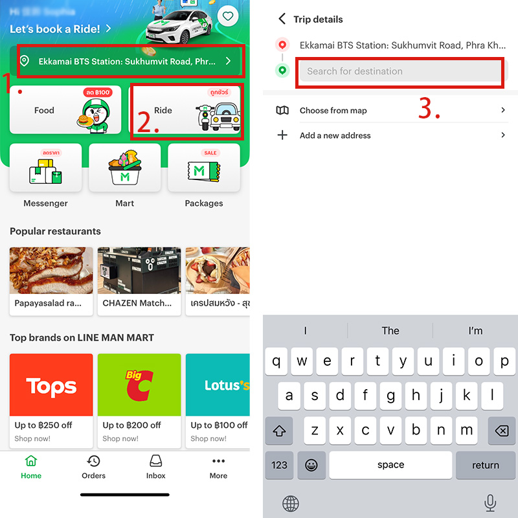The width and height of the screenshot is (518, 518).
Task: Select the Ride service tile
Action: [186, 111]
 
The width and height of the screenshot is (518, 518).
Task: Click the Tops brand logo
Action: [51, 386]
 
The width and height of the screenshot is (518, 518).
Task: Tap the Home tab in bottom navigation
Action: [31, 467]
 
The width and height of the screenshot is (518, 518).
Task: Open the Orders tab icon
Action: [94, 462]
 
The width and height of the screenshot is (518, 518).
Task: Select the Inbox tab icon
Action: [156, 462]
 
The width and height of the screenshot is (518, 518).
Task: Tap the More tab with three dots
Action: [218, 462]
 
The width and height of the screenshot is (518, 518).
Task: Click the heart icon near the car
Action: [227, 16]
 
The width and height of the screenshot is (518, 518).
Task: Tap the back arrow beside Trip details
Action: [282, 19]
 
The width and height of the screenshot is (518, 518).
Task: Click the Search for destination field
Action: [399, 71]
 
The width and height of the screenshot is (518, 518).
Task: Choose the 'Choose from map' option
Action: [333, 111]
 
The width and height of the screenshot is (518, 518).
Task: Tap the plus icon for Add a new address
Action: [282, 135]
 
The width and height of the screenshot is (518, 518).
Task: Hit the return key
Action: [485, 465]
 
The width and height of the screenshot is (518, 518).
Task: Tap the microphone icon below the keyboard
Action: [490, 502]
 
